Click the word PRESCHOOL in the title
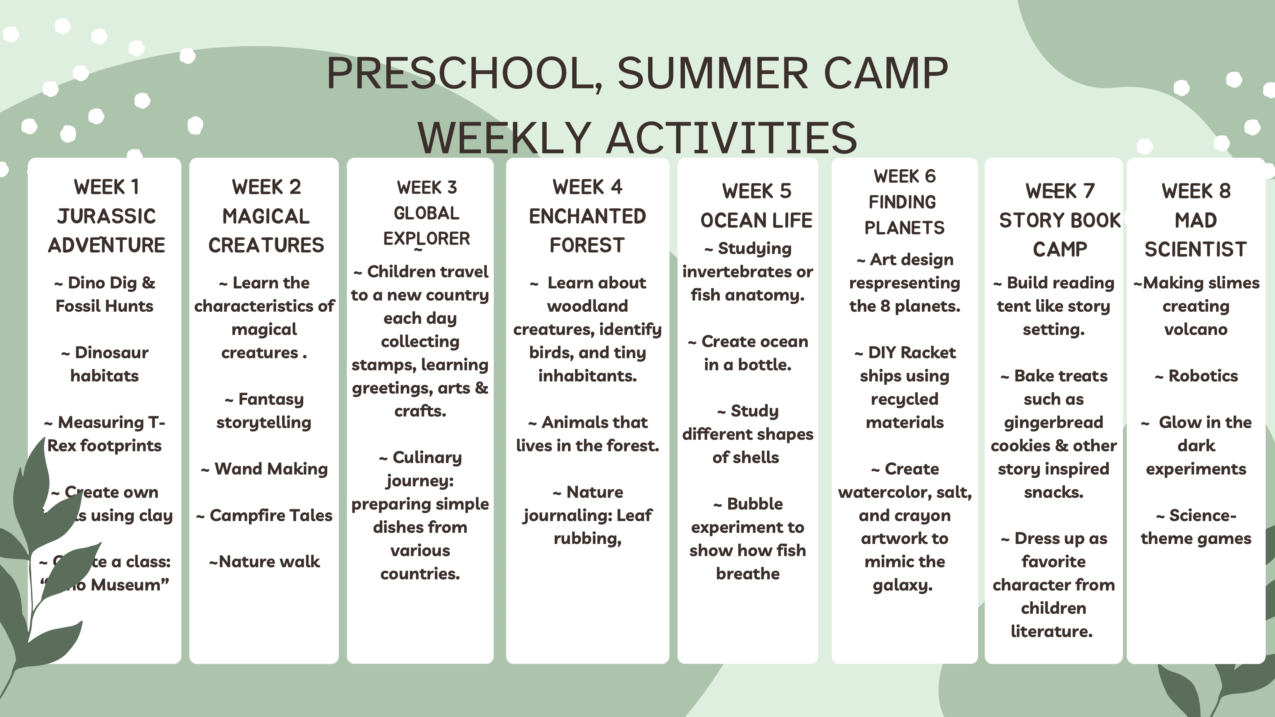point(463,73)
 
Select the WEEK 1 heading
point(106,187)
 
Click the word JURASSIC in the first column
point(106,216)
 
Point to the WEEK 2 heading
point(266,187)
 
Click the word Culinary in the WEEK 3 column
point(427,457)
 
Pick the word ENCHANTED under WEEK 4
point(587,216)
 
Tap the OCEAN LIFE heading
point(756,220)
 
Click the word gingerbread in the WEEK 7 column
point(1053,422)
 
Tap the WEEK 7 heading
point(1060,191)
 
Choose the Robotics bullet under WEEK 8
point(1203,376)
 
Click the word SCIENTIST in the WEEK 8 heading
point(1195,250)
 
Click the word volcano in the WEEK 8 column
point(1195,329)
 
